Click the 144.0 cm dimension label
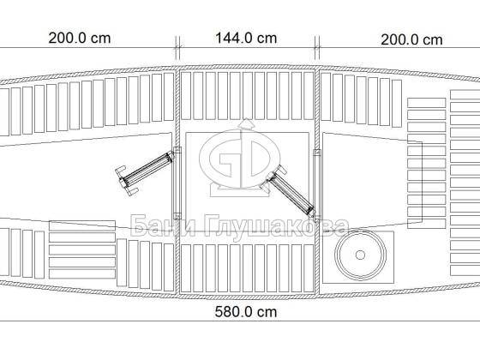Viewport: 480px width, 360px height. [x=246, y=39]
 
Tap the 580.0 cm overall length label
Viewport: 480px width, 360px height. [x=246, y=312]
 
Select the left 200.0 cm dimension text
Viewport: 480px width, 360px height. [x=80, y=39]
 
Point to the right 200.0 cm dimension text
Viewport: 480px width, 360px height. [x=411, y=40]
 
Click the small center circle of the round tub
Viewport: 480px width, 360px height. [x=360, y=255]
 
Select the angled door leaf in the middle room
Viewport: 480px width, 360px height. [x=291, y=194]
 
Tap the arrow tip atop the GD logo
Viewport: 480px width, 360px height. [x=246, y=120]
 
